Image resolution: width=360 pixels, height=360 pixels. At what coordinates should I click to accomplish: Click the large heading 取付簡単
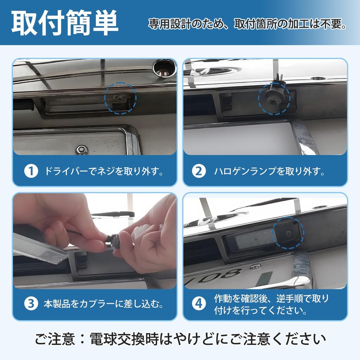[x=65, y=23]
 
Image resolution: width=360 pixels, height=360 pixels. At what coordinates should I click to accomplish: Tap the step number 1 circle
[x=31, y=171]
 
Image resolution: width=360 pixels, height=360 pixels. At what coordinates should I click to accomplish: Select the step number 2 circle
[x=199, y=171]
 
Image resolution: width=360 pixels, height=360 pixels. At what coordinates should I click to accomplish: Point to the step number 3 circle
[x=31, y=303]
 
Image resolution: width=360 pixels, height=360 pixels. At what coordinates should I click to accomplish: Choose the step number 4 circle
[x=199, y=303]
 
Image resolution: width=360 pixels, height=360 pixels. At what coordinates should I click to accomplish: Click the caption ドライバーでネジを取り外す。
[x=104, y=171]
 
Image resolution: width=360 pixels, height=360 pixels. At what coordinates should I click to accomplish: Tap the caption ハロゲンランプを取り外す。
[x=269, y=171]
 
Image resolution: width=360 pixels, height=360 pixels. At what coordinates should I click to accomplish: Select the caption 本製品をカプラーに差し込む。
[x=104, y=304]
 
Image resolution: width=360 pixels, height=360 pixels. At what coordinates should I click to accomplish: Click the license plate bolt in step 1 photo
[x=82, y=149]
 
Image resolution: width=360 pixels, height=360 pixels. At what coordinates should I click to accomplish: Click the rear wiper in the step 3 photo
[x=113, y=214]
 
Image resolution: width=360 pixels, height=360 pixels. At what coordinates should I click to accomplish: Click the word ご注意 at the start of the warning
[x=55, y=339]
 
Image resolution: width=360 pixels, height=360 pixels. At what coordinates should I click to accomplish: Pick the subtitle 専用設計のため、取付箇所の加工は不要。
[x=247, y=24]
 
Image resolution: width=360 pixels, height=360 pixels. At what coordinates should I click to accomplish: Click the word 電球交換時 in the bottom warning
[x=124, y=339]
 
